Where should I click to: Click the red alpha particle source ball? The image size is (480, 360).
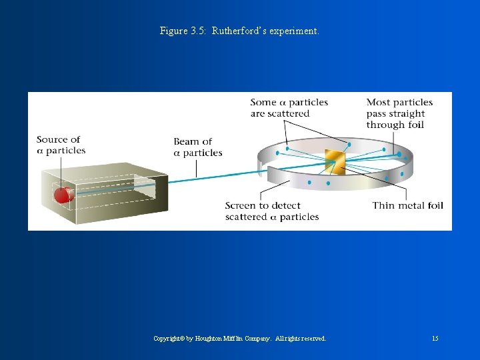coord(63,195)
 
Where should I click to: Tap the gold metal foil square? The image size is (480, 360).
coord(333,163)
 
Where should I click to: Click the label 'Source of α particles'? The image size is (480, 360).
coord(61,145)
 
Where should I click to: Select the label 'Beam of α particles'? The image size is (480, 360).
coord(197,147)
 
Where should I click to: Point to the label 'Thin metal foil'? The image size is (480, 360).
coord(407,205)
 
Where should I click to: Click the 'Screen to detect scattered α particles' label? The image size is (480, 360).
coord(271,211)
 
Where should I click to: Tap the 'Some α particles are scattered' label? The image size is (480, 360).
coord(289,108)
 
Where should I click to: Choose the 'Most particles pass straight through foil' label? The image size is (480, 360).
coord(399,113)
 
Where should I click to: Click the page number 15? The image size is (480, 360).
coord(435,339)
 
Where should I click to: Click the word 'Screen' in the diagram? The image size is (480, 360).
coord(242,205)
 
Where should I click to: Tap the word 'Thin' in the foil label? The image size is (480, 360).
coord(384,205)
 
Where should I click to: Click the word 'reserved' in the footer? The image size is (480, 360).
coord(311,339)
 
